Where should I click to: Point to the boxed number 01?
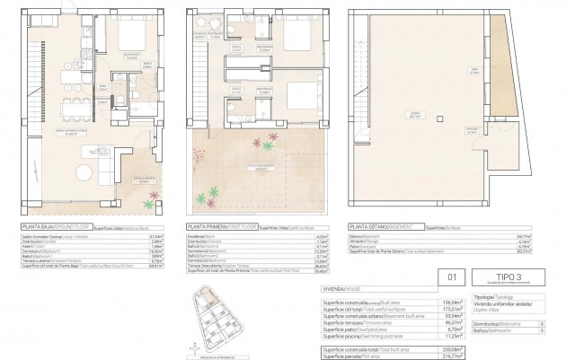453,278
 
